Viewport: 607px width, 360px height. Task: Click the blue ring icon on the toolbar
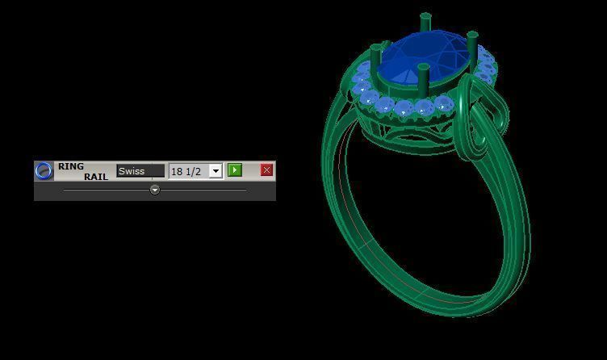click(x=44, y=170)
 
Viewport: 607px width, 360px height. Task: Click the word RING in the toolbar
click(x=71, y=166)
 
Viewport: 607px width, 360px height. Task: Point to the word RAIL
click(x=95, y=176)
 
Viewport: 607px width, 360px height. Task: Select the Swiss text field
click(x=140, y=171)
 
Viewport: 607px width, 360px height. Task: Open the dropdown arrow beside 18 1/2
click(x=216, y=171)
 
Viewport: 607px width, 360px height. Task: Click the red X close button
click(x=266, y=170)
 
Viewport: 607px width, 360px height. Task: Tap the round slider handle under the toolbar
click(x=154, y=190)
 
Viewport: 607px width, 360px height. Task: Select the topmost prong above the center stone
click(x=424, y=24)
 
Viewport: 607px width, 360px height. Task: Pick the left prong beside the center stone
click(x=375, y=61)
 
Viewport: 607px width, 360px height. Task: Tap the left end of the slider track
click(x=65, y=190)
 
